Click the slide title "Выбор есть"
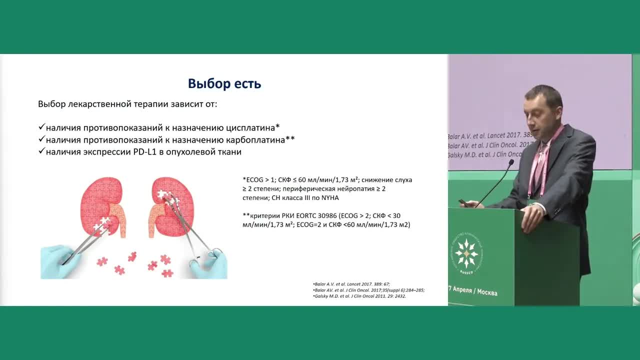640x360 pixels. click(x=224, y=83)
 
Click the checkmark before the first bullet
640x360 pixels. click(x=41, y=127)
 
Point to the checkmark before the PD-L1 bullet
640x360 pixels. click(x=41, y=151)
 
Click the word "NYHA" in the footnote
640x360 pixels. click(x=328, y=197)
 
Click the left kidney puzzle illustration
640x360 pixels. click(x=102, y=205)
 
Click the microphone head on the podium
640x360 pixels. click(x=510, y=162)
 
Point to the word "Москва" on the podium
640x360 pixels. click(x=487, y=292)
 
